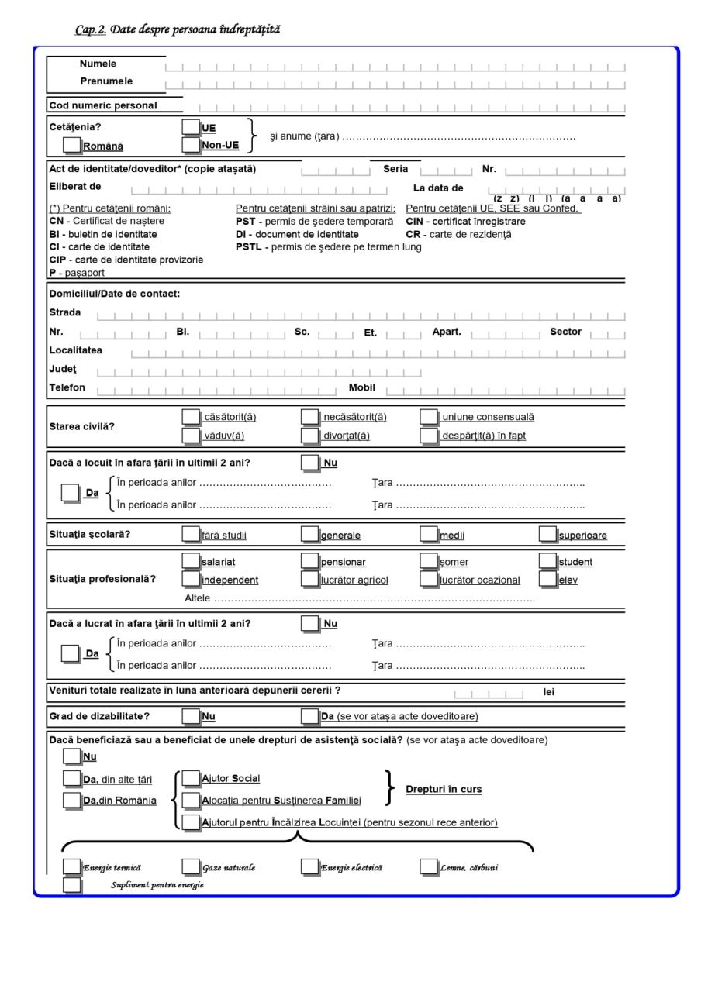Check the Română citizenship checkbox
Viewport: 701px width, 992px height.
pyautogui.click(x=71, y=145)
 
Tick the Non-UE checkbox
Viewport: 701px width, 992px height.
pyautogui.click(x=191, y=144)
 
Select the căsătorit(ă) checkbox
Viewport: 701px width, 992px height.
pyautogui.click(x=191, y=417)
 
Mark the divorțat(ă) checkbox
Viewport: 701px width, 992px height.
pyautogui.click(x=310, y=435)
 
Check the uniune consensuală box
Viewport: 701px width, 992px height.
pyautogui.click(x=429, y=417)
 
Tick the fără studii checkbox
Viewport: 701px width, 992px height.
pyautogui.click(x=191, y=534)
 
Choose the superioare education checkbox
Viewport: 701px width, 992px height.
pyautogui.click(x=548, y=534)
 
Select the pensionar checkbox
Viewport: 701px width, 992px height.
pyautogui.click(x=310, y=561)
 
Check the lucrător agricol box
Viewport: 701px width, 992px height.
pyautogui.click(x=310, y=579)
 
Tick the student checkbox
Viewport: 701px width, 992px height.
pyautogui.click(x=548, y=561)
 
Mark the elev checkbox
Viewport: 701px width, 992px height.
pyautogui.click(x=548, y=579)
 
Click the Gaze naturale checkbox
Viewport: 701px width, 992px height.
pyautogui.click(x=191, y=867)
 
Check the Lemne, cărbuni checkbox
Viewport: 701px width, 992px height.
pyautogui.click(x=429, y=867)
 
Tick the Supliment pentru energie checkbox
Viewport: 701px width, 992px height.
pyautogui.click(x=71, y=885)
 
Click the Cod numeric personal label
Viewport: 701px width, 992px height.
pyautogui.click(x=103, y=105)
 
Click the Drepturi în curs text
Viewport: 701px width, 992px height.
pyautogui.click(x=444, y=789)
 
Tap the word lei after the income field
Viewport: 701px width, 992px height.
pyautogui.click(x=549, y=692)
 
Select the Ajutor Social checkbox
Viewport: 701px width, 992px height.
pyautogui.click(x=191, y=778)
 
